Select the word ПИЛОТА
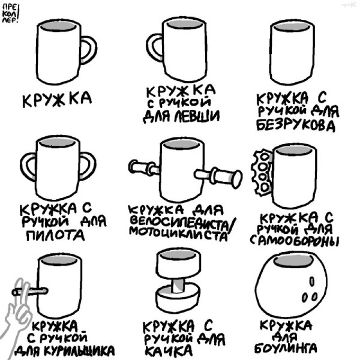point(55,235)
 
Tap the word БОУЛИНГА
point(286,348)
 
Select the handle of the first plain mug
point(89,50)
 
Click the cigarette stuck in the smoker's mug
point(30,291)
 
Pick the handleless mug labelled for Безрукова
point(292,52)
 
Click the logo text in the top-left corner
point(11,12)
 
